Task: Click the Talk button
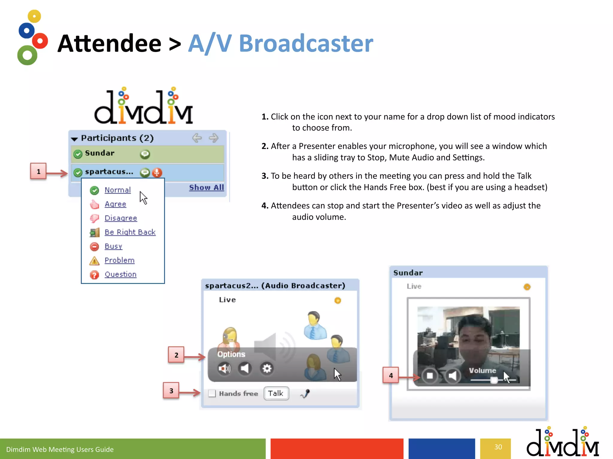pos(276,393)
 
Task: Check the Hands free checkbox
pos(212,393)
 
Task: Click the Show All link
pos(206,188)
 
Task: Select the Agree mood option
pos(115,204)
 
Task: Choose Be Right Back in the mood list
pos(130,232)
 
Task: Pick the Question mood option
pos(120,274)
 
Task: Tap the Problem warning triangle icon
pos(94,261)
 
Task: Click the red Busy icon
pos(94,247)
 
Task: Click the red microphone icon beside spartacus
pos(157,172)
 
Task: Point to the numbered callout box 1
pos(38,171)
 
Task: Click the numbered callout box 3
pos(171,391)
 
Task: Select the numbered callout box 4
pos(391,375)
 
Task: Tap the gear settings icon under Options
pos(267,368)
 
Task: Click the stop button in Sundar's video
pos(430,376)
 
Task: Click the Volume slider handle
pos(494,380)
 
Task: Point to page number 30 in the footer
pos(498,447)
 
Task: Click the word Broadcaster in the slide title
pos(306,44)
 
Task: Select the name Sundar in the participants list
pos(100,153)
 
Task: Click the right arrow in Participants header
pos(213,138)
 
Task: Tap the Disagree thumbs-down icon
pos(94,218)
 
